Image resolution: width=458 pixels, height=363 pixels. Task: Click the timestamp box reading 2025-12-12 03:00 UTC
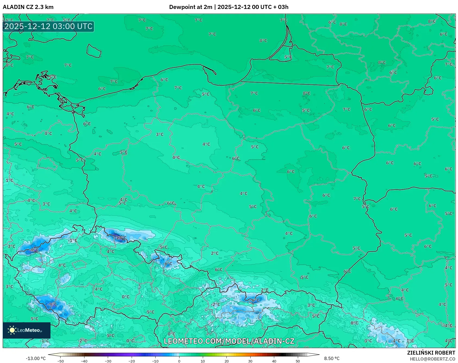(x=48, y=26)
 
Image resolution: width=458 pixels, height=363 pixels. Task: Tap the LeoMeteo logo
(x=26, y=330)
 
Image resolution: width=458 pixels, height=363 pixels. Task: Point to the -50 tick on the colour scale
(x=61, y=361)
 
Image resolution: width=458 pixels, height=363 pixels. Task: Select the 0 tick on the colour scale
(x=179, y=361)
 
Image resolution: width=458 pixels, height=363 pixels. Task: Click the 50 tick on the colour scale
(x=298, y=361)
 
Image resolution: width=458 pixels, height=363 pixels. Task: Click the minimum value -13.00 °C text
(x=36, y=358)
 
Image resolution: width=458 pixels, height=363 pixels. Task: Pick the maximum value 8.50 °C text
(x=332, y=358)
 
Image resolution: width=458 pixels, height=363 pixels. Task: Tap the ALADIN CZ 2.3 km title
(x=28, y=7)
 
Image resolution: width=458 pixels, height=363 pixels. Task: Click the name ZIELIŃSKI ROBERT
(x=431, y=353)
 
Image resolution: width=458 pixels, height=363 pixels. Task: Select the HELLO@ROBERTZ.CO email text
(x=432, y=359)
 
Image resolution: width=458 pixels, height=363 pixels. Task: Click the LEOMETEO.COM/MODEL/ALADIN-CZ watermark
(x=229, y=341)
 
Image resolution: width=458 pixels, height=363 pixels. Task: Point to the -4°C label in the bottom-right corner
(x=396, y=341)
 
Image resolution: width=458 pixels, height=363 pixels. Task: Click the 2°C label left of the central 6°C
(x=214, y=253)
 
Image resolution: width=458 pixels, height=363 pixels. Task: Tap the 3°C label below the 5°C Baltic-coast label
(x=160, y=134)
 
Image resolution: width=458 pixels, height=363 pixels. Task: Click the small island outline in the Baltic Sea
(x=94, y=51)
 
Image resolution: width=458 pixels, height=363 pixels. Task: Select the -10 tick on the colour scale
(x=155, y=361)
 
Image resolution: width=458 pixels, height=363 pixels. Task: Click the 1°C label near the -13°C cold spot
(x=73, y=240)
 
